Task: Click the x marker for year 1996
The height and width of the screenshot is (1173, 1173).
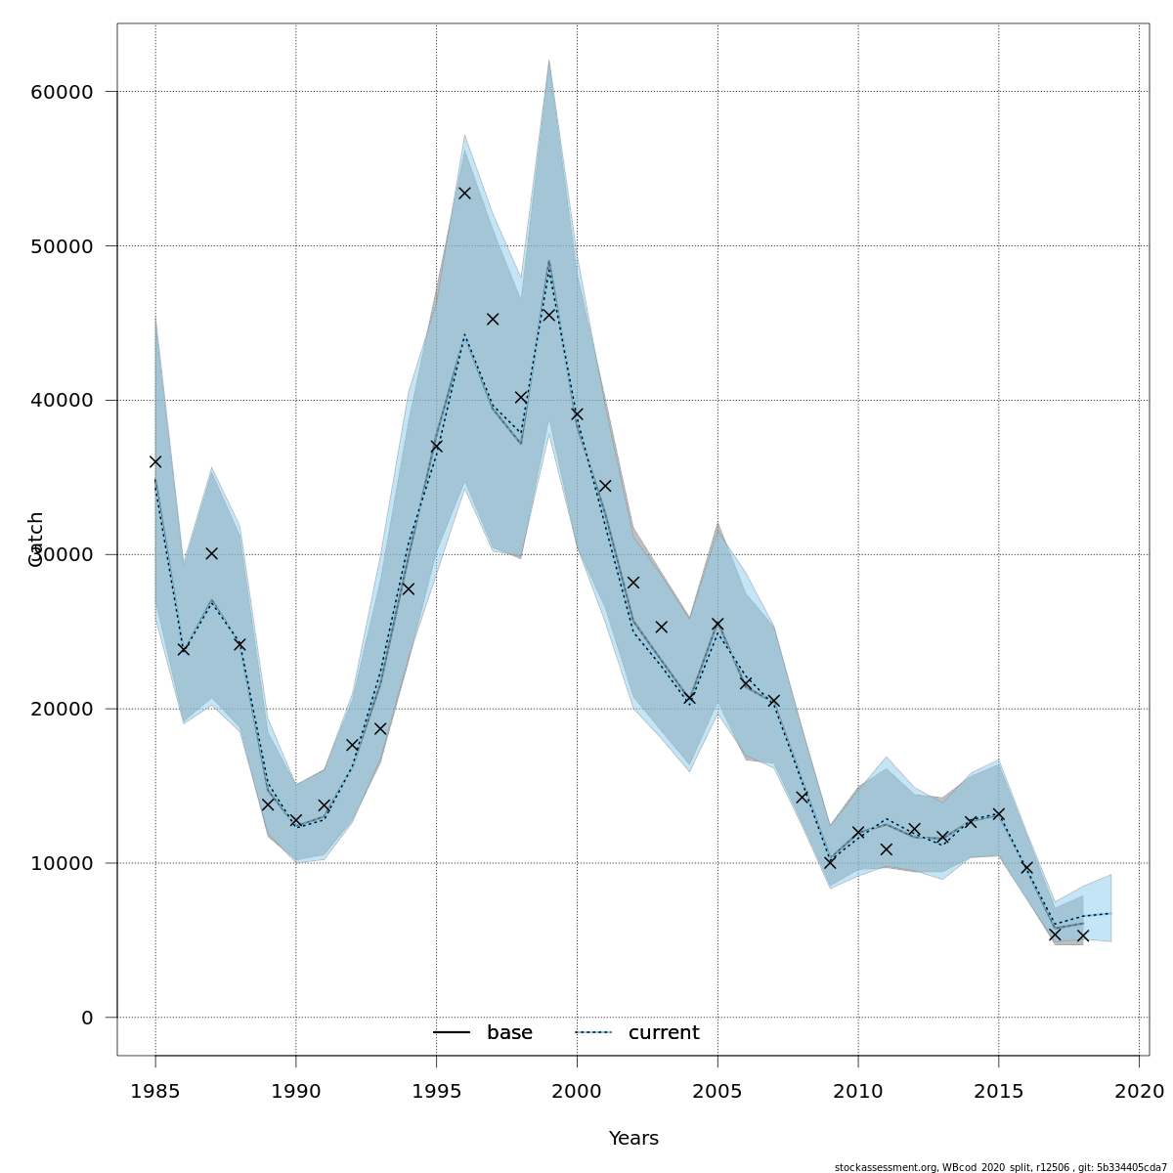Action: coord(464,193)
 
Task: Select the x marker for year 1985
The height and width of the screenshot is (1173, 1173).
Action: coord(155,461)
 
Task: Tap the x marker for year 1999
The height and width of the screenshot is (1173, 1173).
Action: coord(549,315)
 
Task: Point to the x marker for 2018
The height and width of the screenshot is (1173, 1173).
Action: coord(1083,935)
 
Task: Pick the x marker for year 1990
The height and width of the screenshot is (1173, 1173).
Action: coord(296,820)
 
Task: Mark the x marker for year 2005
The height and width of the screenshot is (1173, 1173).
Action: coord(717,624)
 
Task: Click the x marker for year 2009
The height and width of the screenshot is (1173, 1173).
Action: coord(830,863)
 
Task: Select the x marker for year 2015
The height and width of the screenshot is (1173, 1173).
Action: coord(999,813)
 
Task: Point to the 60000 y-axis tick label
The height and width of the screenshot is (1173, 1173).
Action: coord(61,92)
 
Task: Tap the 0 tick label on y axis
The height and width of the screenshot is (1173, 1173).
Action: coord(87,1018)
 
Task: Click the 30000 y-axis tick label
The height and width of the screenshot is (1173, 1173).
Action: coord(61,554)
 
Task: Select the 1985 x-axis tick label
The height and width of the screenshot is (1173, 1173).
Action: coord(155,1090)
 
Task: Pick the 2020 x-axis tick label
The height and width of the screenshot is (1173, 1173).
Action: coord(1139,1090)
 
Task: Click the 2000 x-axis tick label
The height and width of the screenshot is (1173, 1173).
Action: coord(577,1090)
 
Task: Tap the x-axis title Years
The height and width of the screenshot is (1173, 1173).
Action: coord(633,1139)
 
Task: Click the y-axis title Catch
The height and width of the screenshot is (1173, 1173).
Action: coord(36,539)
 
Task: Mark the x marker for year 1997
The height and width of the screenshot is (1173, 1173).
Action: coord(493,319)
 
